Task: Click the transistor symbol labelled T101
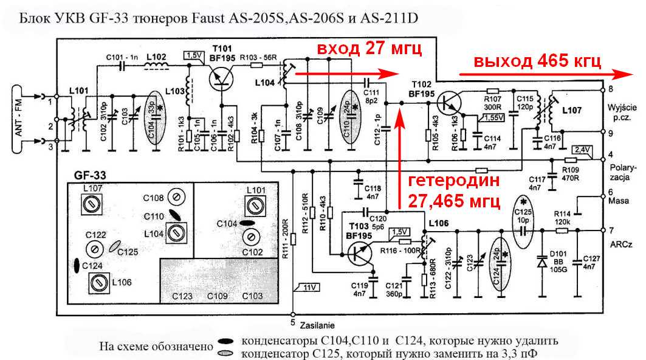click(x=220, y=78)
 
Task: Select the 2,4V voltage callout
click(x=582, y=149)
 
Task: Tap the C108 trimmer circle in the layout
click(x=175, y=198)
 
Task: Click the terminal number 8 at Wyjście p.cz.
click(x=610, y=89)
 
